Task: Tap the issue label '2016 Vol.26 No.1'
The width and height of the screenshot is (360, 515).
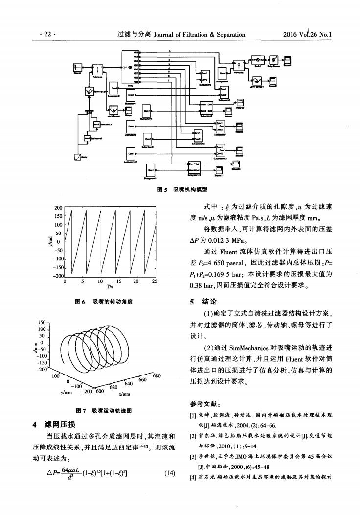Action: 308,35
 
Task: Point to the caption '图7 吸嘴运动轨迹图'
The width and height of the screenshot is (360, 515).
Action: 106,397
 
